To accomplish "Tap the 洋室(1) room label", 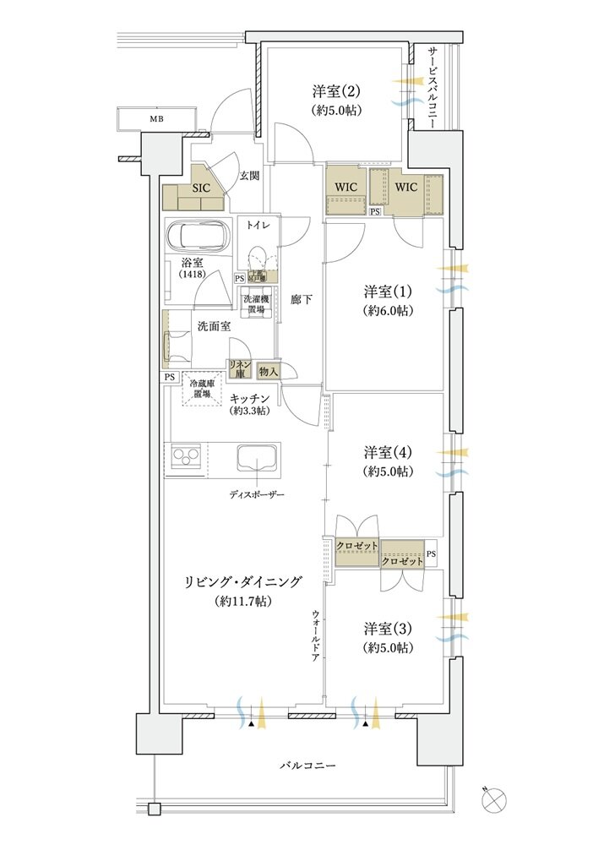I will coord(388,292).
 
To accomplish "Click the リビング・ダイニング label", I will coord(243,582).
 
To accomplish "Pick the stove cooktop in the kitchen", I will coord(186,457).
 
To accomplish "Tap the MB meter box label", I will coord(157,119).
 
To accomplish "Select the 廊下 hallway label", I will coord(300,299).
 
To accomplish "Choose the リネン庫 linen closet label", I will coord(237,368).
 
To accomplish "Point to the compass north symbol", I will coord(497,796).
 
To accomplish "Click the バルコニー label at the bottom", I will coord(308,766).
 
